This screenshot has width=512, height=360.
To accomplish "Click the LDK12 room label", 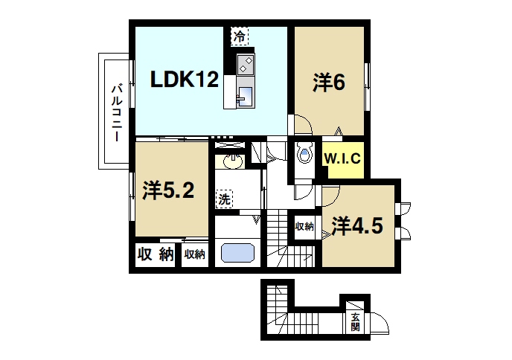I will [185, 80].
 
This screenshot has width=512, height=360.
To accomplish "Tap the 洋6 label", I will [328, 83].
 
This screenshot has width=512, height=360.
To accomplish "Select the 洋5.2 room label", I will [168, 191].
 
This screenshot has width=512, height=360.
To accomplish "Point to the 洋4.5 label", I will [357, 225].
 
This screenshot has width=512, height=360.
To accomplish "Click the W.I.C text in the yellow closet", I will [342, 158].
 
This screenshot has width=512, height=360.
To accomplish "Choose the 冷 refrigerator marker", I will [239, 36].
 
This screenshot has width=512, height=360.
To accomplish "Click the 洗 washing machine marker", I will [224, 199].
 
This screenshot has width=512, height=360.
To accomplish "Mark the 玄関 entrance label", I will [356, 321].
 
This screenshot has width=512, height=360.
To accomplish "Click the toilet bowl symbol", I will [303, 155].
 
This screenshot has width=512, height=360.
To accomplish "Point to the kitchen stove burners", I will [246, 64].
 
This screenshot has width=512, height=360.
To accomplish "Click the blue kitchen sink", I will [245, 95].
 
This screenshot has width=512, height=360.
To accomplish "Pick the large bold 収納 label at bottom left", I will [156, 254].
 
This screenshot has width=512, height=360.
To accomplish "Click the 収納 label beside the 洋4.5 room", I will [304, 226].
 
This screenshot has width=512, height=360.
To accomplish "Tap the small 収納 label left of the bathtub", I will [195, 254].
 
